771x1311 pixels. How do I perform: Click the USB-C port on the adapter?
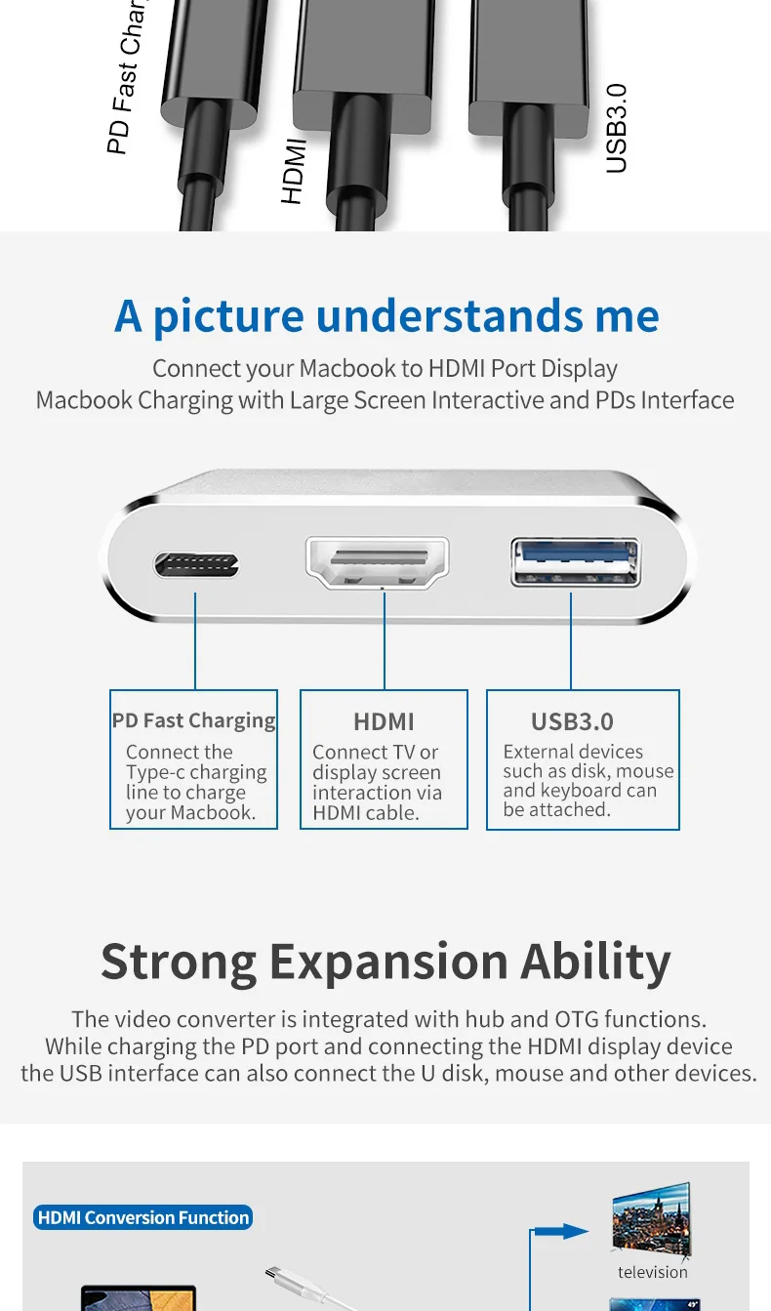point(196,564)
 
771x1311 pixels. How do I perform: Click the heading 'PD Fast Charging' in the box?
point(193,720)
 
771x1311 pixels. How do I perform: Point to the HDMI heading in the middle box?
point(384,721)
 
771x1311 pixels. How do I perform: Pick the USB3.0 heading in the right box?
point(572,721)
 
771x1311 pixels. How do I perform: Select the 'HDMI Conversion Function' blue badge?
point(143,1217)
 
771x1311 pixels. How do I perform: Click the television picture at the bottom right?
point(651,1217)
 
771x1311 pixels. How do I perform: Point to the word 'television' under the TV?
point(652,1272)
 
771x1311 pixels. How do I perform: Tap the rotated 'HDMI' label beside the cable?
point(294,172)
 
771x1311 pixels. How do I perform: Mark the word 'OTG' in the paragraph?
point(576,1019)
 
